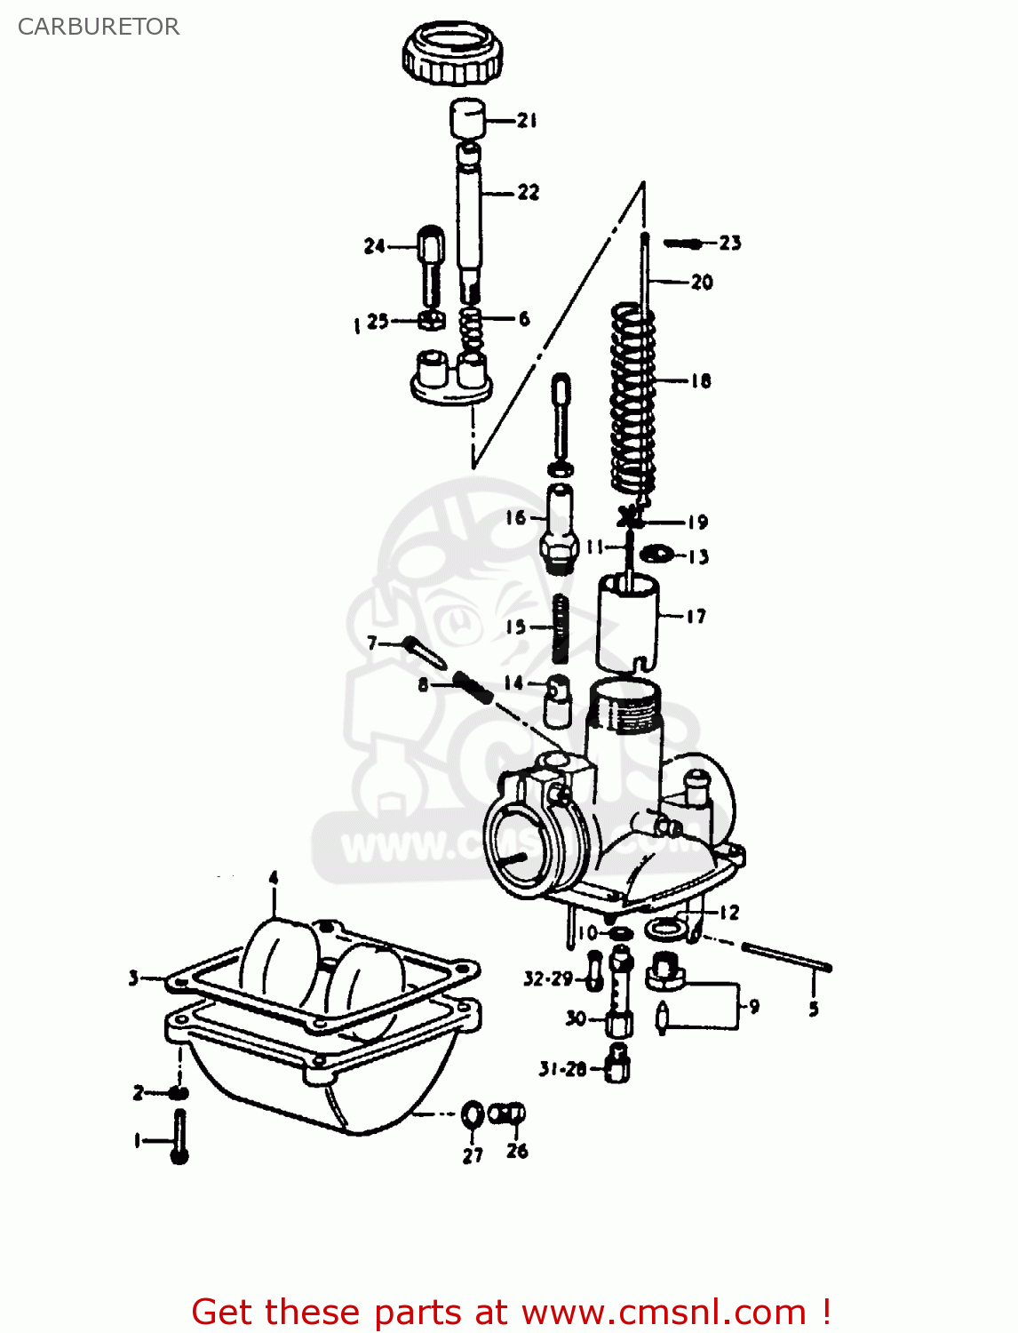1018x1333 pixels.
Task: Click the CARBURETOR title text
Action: [99, 27]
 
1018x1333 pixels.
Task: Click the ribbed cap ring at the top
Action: [452, 53]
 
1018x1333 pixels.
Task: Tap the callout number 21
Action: [528, 120]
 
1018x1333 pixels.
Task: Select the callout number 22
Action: [529, 192]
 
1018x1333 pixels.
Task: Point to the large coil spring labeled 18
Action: [632, 395]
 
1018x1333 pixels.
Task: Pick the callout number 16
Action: [516, 517]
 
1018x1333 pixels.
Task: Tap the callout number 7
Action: [372, 642]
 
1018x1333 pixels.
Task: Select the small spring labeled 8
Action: [473, 688]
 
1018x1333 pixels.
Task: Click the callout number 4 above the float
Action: [274, 878]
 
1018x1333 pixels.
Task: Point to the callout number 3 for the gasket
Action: [133, 978]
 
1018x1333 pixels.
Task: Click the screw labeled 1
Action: [179, 1137]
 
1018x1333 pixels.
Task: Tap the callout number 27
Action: [473, 1155]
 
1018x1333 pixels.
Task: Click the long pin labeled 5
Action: [786, 958]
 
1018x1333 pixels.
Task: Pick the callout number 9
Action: [754, 1007]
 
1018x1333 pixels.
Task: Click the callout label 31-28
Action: [562, 1069]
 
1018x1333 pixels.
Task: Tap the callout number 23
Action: [730, 243]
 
